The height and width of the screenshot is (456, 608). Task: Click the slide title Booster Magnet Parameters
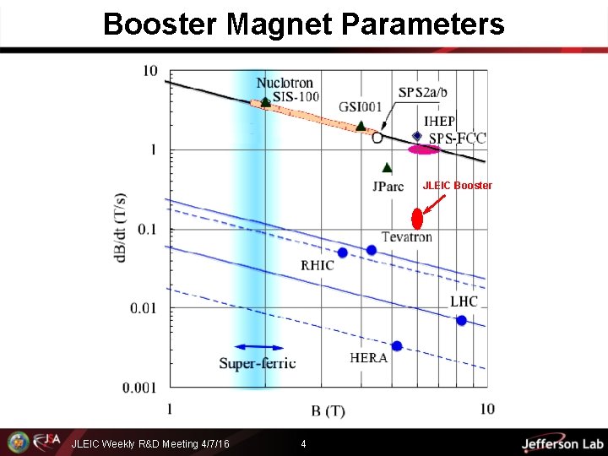click(x=303, y=24)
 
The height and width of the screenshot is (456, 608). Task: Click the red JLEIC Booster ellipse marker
click(x=416, y=219)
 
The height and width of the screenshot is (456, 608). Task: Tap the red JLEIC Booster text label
click(x=457, y=185)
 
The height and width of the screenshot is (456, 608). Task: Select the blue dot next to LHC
click(x=461, y=320)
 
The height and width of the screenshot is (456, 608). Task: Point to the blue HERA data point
click(x=397, y=346)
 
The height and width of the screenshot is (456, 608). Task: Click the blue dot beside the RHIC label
click(x=342, y=252)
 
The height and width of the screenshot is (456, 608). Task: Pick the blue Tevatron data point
click(x=372, y=250)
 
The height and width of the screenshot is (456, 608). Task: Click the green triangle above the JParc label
click(x=386, y=168)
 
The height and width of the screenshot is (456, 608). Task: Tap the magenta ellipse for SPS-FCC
click(x=423, y=149)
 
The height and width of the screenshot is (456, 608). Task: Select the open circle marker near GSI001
click(x=377, y=137)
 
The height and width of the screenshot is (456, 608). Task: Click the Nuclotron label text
click(x=285, y=83)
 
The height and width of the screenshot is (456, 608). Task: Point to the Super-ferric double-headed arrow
click(x=258, y=347)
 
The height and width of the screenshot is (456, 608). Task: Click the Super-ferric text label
click(x=258, y=363)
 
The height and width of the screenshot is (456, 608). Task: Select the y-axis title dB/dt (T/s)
click(x=122, y=228)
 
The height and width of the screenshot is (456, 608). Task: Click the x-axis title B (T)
click(x=328, y=411)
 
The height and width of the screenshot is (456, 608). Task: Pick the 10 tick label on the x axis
click(x=487, y=409)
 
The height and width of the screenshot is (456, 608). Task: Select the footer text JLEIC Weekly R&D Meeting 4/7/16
click(x=150, y=443)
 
